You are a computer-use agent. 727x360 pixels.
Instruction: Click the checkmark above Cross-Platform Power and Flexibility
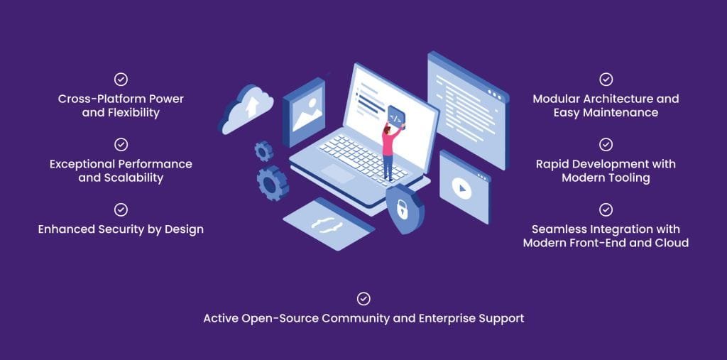(x=121, y=80)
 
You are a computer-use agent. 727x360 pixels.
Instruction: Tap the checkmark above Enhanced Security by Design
(x=121, y=209)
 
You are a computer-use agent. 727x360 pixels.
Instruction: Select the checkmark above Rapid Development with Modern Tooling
(x=606, y=145)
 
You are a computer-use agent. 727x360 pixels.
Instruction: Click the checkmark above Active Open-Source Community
(x=363, y=299)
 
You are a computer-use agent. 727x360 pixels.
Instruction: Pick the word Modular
(x=558, y=99)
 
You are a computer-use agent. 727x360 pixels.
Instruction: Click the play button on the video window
(x=462, y=188)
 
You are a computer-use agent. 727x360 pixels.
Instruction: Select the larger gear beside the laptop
(x=272, y=182)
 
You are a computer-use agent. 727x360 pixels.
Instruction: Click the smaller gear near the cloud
(x=264, y=151)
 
